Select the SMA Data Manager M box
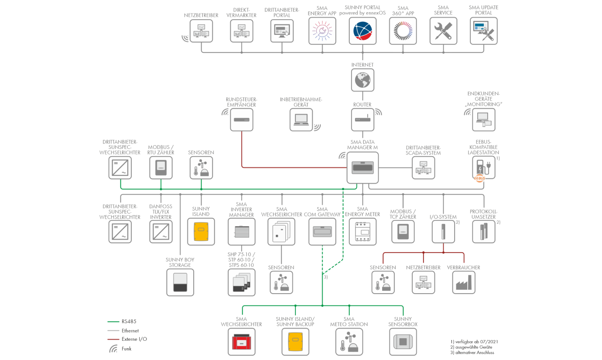(363, 168)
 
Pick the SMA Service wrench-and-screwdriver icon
(443, 31)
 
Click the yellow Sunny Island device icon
(201, 231)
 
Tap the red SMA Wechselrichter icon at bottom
(242, 342)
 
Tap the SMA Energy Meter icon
(363, 231)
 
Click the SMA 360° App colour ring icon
(403, 31)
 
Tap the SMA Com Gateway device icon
(322, 231)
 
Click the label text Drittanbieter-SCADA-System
(423, 151)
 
